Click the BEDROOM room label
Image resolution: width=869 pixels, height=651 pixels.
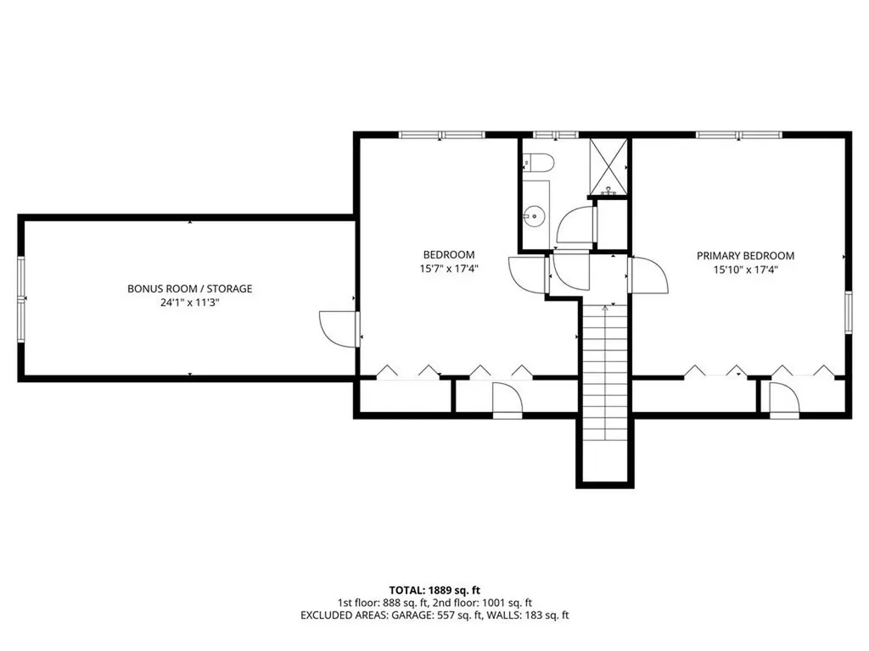[449, 255]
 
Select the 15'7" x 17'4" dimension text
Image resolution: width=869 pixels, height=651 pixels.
[449, 270]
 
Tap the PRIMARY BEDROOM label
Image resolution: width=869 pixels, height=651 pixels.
[745, 255]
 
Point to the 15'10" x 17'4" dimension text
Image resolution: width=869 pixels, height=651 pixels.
[745, 270]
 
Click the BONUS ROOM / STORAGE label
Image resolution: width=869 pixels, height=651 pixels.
[189, 288]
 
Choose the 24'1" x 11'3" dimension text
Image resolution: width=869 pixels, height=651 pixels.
[189, 303]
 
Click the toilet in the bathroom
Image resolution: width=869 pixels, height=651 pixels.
[539, 162]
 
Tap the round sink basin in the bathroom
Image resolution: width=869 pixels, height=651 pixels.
[532, 215]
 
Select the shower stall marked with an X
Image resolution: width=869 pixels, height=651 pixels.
[608, 165]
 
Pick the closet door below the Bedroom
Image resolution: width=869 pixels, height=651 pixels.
[507, 400]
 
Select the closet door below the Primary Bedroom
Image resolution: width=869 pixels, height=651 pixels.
[782, 400]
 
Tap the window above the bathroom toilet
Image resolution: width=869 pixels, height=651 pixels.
[556, 134]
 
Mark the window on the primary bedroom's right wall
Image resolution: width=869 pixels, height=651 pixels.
[847, 312]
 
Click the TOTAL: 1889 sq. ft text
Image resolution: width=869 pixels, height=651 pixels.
[434, 589]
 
